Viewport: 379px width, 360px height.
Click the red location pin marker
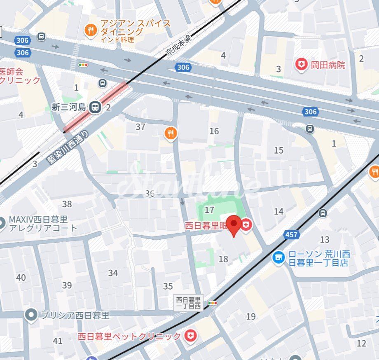click(x=234, y=225)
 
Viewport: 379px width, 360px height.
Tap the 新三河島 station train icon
click(x=95, y=108)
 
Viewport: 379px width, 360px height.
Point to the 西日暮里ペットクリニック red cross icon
click(x=190, y=336)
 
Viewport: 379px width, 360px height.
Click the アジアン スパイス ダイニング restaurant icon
click(x=90, y=30)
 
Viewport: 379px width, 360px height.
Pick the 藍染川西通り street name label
click(x=68, y=147)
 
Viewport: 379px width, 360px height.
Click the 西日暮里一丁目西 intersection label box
click(x=189, y=303)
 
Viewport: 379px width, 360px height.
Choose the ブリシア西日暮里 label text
click(x=75, y=316)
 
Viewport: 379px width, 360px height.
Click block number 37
click(x=140, y=127)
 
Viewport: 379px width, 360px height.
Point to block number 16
click(x=214, y=131)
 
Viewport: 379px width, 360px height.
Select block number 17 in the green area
click(x=209, y=210)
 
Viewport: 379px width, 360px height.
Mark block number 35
click(x=168, y=286)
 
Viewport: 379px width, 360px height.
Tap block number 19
click(x=250, y=316)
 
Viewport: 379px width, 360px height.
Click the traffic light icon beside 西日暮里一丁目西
click(x=213, y=303)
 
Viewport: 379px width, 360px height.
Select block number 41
click(x=58, y=341)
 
